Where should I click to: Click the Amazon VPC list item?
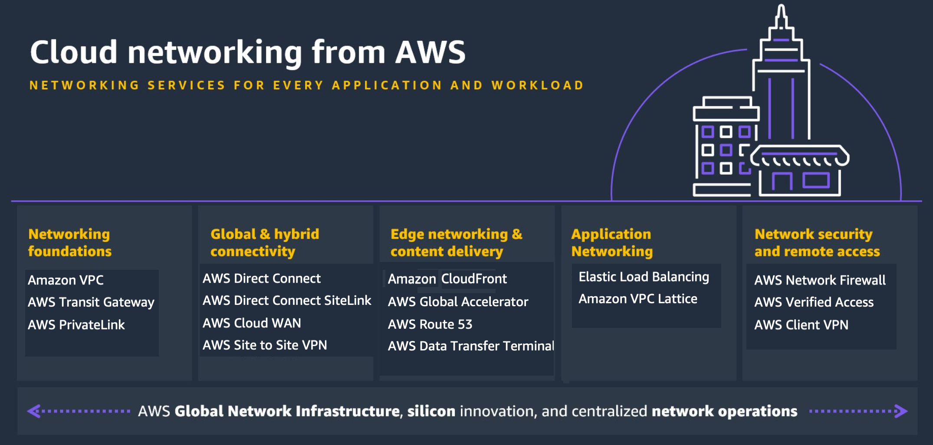66,280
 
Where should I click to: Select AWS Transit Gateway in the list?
91,302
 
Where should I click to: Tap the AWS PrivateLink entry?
76,325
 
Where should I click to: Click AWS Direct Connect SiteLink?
286,301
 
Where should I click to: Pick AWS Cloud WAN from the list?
251,323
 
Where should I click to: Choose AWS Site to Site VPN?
264,345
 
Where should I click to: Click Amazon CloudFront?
447,279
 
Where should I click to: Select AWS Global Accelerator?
458,302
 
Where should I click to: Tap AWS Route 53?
430,324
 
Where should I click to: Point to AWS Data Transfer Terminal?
470,346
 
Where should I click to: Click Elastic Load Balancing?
644,277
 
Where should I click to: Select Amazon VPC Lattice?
637,299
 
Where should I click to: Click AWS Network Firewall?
820,280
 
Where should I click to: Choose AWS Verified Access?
814,302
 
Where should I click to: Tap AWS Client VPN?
801,325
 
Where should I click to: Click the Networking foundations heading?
69,243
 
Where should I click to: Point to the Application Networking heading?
611,243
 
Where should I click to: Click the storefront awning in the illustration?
799,157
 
